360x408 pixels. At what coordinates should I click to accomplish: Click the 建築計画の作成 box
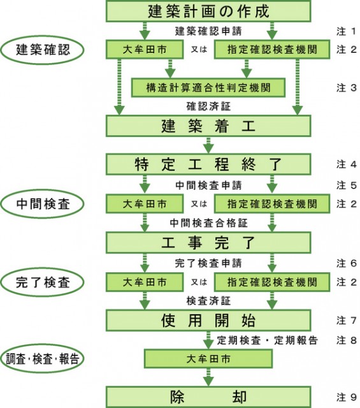tap(208, 11)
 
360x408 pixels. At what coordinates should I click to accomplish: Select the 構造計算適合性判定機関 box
tap(208, 88)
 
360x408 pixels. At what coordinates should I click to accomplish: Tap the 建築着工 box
tap(208, 126)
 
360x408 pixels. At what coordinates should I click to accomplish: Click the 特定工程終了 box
tap(208, 164)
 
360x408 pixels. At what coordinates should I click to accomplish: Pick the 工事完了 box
tap(208, 242)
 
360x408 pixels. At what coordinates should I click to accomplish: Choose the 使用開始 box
tap(208, 320)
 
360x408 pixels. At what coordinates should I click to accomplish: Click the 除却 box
tap(208, 397)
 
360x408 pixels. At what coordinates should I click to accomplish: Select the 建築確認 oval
tap(43, 50)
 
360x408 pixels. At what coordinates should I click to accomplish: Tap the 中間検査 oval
tap(43, 204)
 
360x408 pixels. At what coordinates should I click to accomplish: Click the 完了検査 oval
tap(43, 282)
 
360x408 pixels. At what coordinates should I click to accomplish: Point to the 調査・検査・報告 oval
tap(43, 359)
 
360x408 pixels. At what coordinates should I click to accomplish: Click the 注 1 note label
tap(346, 31)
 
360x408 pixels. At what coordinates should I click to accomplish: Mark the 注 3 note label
tap(346, 88)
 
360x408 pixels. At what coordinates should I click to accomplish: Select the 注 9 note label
tap(346, 397)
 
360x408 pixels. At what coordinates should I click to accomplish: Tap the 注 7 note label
tap(346, 320)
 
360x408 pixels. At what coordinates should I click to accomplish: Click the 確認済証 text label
tap(208, 106)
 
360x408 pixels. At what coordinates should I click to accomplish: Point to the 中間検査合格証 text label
tap(208, 223)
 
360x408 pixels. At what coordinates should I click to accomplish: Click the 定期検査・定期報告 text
tap(267, 340)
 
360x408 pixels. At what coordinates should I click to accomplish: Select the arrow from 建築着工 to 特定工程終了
tap(208, 145)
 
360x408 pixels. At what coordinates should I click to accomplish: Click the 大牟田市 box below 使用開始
tap(208, 359)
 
